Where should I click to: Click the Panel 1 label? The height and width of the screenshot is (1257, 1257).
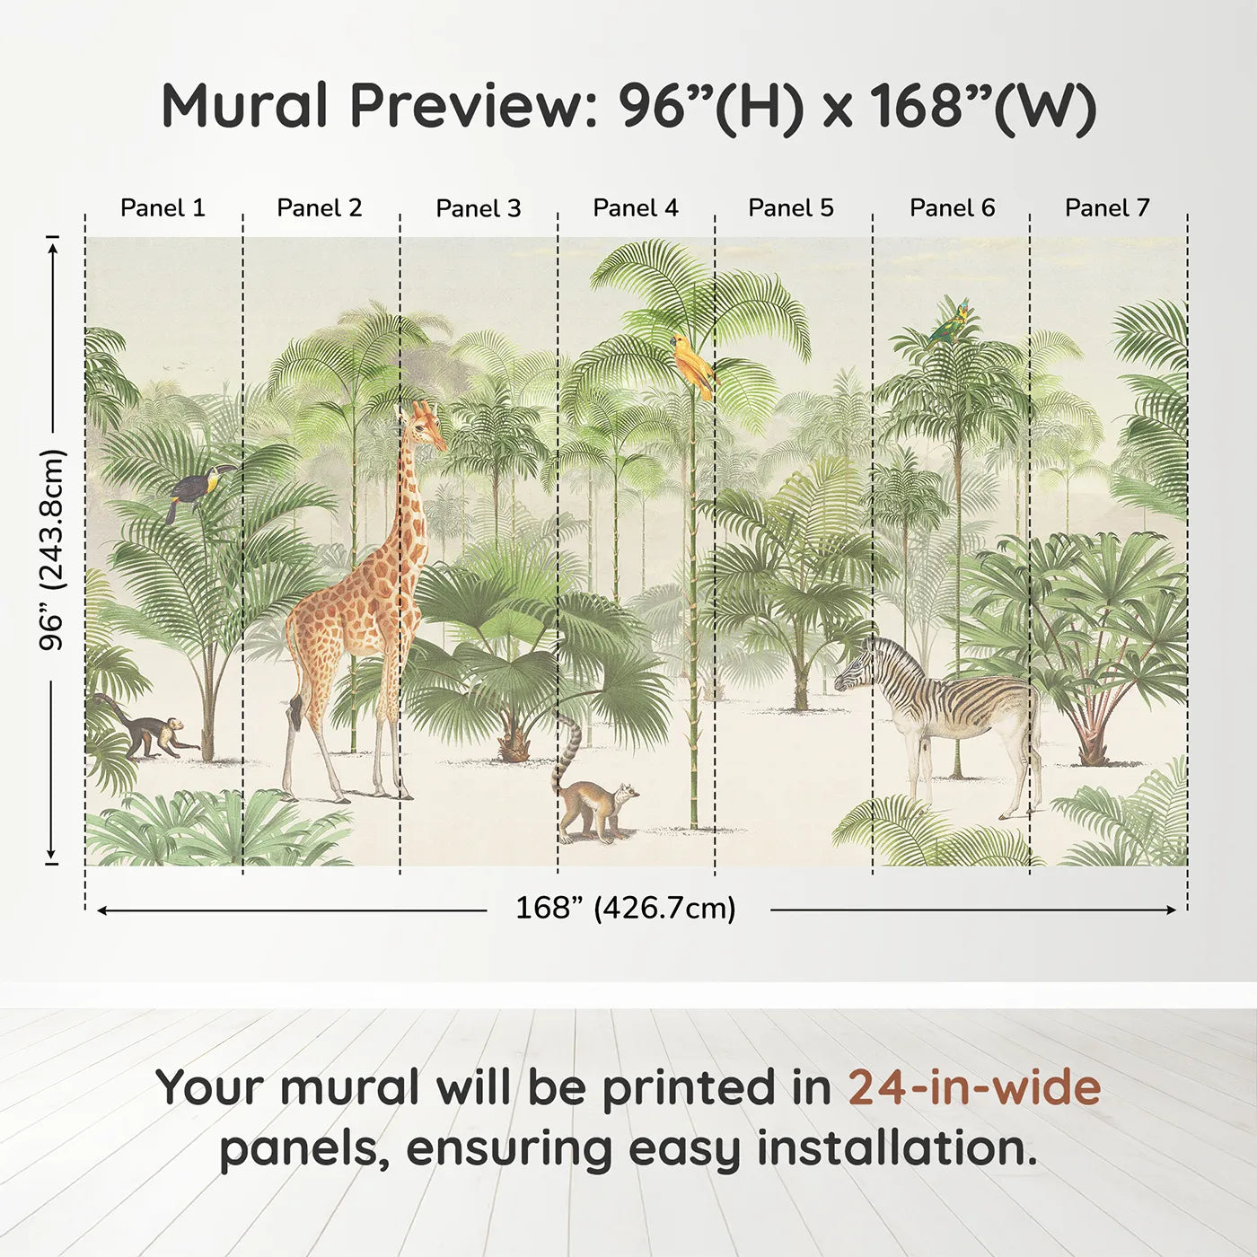pos(163,208)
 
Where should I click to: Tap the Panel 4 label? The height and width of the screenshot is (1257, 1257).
pos(636,208)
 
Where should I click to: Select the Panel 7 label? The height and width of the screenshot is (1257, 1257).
pos(1107,208)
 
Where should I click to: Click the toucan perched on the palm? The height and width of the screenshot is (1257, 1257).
pos(198,489)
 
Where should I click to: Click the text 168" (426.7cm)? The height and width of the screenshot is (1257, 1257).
pos(626,909)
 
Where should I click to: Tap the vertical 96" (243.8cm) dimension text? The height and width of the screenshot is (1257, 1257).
pos(53,549)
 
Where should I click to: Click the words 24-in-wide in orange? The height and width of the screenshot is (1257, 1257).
pos(974,1087)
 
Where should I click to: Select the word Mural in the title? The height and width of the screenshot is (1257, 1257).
pos(244,106)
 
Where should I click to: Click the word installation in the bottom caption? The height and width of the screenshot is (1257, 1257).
pos(896,1148)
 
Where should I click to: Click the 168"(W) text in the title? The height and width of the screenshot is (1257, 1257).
pos(982,108)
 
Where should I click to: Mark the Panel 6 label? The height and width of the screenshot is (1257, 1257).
pos(952,208)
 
